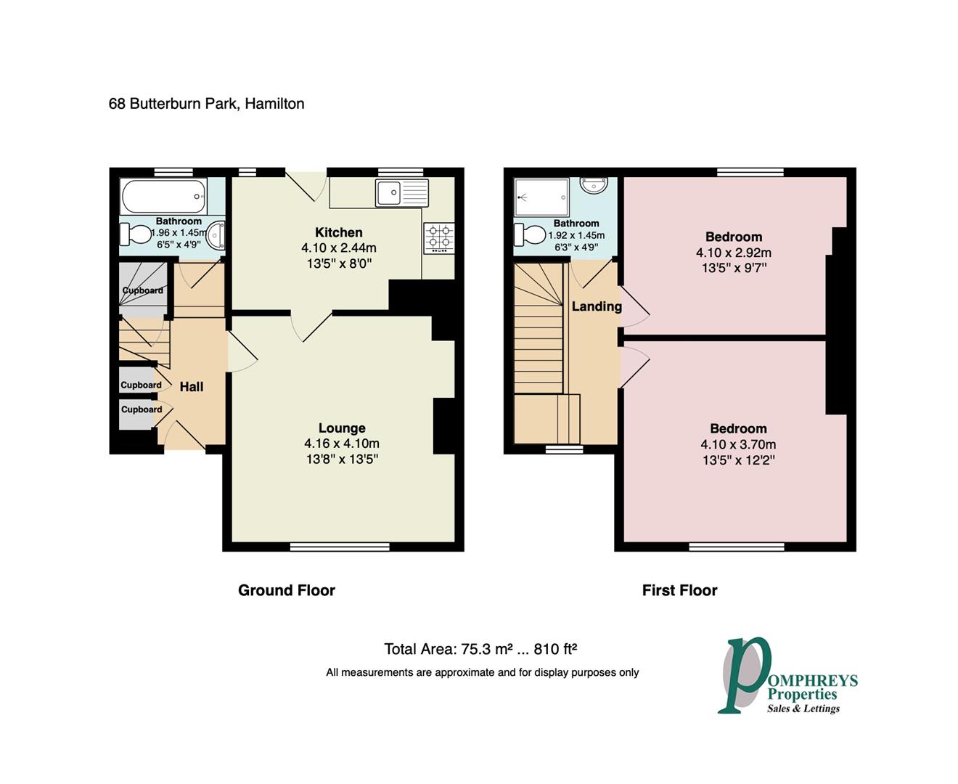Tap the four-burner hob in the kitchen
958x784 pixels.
(x=439, y=237)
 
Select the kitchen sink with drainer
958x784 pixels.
(x=402, y=192)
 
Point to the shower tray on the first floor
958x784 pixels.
(x=541, y=197)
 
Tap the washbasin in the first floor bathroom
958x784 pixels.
(x=593, y=185)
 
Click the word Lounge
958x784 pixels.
(x=342, y=428)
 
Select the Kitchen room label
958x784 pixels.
(x=339, y=233)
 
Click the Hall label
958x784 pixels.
(x=191, y=387)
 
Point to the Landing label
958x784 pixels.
(x=597, y=307)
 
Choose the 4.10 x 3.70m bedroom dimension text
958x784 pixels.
(x=738, y=444)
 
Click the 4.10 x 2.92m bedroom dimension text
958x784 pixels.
(x=734, y=252)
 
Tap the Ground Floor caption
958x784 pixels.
(x=287, y=590)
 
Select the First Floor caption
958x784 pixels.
(x=679, y=590)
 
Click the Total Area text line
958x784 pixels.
(x=480, y=649)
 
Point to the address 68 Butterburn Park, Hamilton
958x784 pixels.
(x=206, y=104)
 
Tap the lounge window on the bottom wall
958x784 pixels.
(x=340, y=547)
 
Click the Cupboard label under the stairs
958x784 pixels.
(x=143, y=290)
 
